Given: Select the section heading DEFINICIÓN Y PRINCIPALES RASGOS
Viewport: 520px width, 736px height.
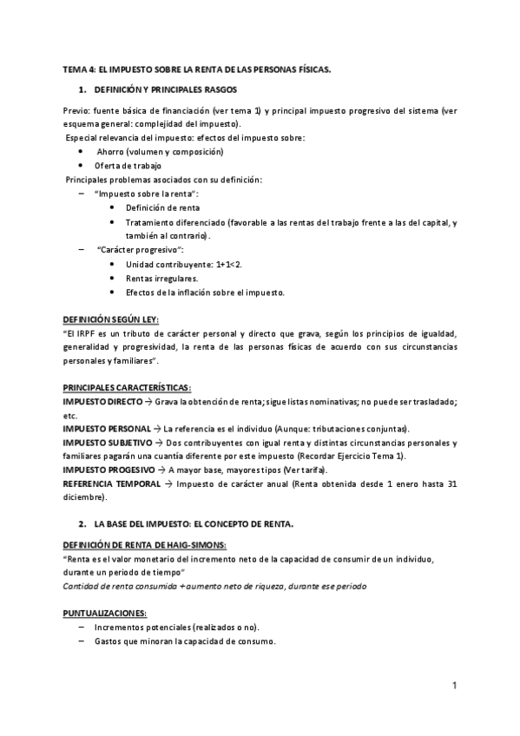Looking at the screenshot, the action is (160, 90).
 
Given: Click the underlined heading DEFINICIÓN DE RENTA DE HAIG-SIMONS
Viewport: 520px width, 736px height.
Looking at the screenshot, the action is (145, 544).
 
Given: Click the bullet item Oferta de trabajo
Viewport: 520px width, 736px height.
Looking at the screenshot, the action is (128, 165).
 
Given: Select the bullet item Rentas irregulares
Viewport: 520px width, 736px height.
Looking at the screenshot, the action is (161, 278).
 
